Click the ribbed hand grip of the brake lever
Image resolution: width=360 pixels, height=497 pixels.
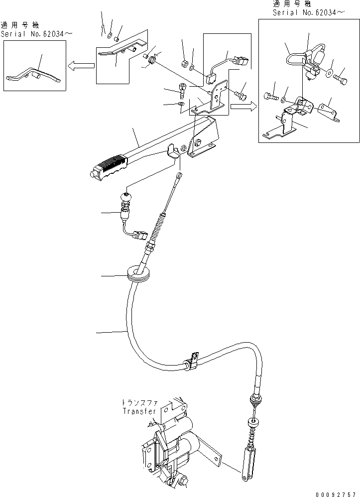click(111, 166)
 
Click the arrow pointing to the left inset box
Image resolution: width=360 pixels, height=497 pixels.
click(82, 65)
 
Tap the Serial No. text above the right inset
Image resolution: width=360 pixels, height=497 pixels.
click(308, 12)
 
